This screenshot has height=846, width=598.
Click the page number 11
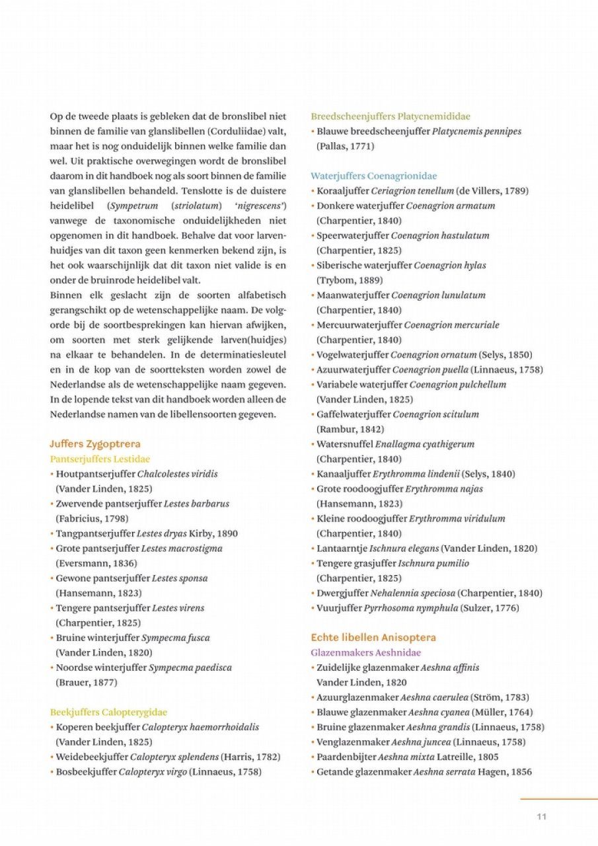pos(541,817)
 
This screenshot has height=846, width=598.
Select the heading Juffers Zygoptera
pos(94,444)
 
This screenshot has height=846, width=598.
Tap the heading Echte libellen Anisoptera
pos(373,638)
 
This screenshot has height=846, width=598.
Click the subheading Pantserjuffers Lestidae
pos(100,459)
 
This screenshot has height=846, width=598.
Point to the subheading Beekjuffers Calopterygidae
pos(108,712)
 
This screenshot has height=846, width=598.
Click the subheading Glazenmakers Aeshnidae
pos(365,652)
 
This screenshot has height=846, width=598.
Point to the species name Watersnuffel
pos(344,444)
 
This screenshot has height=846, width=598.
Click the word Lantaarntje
pos(342,549)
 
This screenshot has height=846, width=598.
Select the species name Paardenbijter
pos(346,757)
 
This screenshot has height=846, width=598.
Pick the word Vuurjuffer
pos(339,608)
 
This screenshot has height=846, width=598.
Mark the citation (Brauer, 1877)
pos(87,682)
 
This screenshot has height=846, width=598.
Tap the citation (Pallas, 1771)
pos(345,146)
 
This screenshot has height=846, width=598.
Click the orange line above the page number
pos(558,799)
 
